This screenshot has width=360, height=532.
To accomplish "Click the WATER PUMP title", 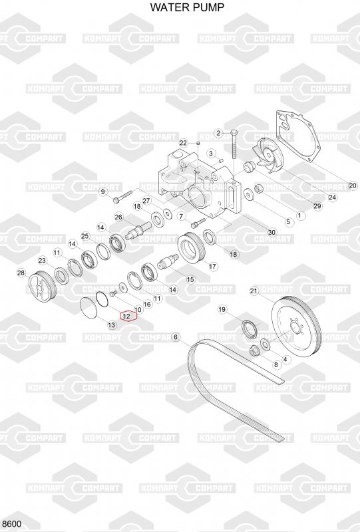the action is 187,7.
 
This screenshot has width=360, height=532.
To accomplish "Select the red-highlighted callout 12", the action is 126,317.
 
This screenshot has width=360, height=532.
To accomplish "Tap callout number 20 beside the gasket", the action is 353,186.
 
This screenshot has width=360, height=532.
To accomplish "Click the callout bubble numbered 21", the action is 254,291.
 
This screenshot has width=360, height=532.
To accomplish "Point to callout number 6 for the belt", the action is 176,337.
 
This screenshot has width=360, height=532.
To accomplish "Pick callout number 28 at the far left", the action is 21,273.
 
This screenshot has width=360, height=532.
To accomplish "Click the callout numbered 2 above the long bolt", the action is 218,133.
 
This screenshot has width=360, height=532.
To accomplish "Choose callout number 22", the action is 184,143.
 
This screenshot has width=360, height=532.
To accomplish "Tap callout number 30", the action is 271,232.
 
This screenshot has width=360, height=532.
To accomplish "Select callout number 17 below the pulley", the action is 212,267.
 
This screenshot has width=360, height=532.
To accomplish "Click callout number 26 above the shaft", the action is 118,217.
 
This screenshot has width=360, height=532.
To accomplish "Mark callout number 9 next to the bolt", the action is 103,192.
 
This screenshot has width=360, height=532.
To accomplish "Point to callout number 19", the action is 222,309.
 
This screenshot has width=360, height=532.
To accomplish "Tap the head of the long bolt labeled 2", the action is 234,132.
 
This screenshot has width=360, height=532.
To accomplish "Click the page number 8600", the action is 11,524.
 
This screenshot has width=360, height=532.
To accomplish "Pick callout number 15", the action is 190,279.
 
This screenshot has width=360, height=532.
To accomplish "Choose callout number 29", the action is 317,206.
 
